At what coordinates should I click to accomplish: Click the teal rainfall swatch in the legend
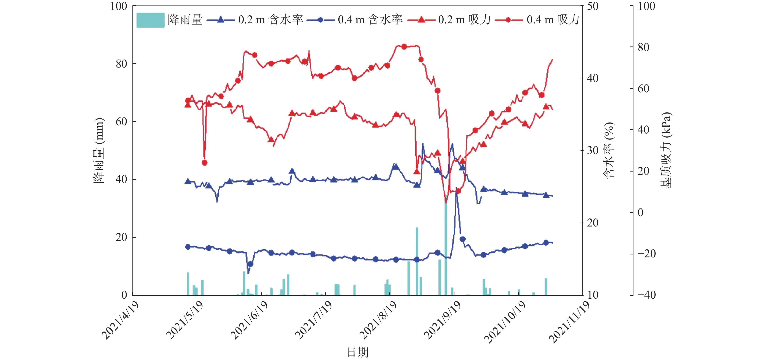click(x=150, y=20)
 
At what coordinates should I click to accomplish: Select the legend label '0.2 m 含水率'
click(x=270, y=20)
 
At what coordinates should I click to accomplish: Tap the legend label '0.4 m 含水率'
click(x=370, y=20)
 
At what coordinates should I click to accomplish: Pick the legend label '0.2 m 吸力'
click(x=464, y=20)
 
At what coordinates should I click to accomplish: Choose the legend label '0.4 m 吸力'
click(x=553, y=20)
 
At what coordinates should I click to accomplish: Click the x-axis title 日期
click(x=358, y=352)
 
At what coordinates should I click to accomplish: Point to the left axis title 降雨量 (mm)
click(x=99, y=150)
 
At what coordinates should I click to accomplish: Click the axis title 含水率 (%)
click(x=608, y=150)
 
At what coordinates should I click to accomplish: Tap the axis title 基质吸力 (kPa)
click(x=666, y=150)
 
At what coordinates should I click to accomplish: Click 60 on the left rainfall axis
click(x=121, y=121)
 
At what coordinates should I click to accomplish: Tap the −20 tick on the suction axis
click(x=646, y=254)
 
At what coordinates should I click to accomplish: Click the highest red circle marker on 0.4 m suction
click(x=404, y=47)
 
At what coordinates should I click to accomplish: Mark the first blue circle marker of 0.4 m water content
click(x=188, y=247)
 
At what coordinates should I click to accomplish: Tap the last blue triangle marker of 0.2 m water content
click(x=546, y=195)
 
